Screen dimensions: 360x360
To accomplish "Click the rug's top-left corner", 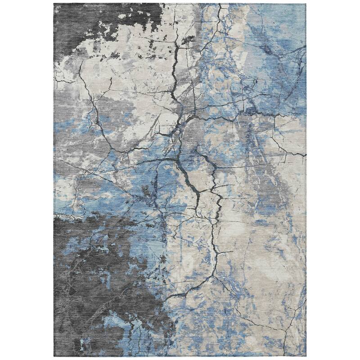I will (54, 4).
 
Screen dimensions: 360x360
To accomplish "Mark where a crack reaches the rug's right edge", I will (305, 155).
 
